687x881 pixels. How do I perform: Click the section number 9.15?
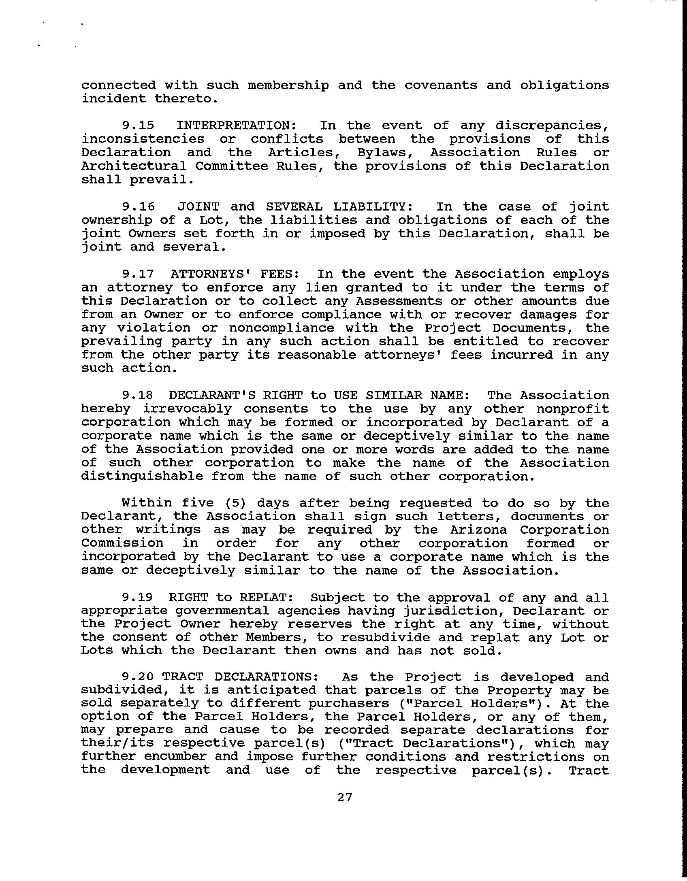138,126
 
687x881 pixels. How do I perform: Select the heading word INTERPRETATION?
237,126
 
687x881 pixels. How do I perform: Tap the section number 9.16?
138,206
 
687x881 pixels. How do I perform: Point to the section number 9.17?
138,274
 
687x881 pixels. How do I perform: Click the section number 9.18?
138,395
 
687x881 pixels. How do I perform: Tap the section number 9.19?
138,598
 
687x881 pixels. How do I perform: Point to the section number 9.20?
138,677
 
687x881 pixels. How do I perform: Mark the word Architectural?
134,166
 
